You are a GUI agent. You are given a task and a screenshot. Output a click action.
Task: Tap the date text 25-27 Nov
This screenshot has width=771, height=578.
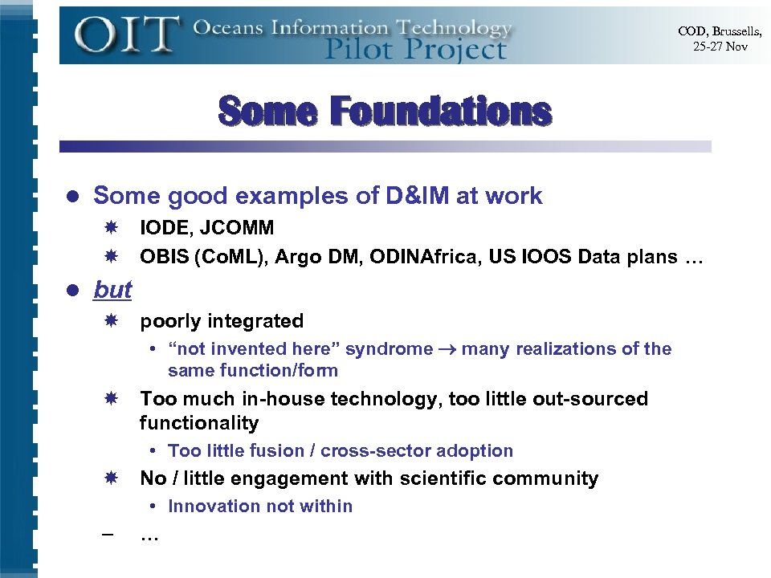pyautogui.click(x=720, y=47)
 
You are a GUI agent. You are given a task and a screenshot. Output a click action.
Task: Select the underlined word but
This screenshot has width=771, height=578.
pyautogui.click(x=112, y=289)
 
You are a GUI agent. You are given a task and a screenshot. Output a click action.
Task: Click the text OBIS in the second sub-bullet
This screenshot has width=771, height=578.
pyautogui.click(x=163, y=258)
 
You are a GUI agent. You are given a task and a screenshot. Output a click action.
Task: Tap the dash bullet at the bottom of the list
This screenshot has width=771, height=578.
pyautogui.click(x=108, y=535)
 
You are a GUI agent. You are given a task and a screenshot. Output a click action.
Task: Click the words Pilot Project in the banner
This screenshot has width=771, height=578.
pyautogui.click(x=415, y=50)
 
